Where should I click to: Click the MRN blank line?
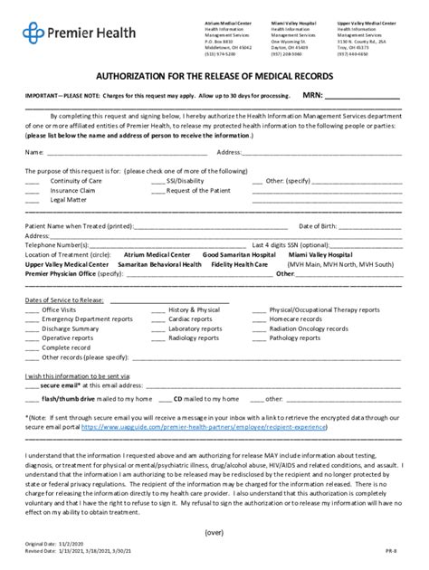coord(362,95)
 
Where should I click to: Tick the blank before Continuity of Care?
coord(32,181)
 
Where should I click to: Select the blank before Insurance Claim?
coord(32,190)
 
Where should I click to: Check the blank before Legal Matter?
coord(32,199)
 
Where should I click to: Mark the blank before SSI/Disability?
coord(157,181)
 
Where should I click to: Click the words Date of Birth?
coord(318,225)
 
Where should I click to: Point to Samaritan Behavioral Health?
coord(143,263)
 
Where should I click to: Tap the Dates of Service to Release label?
coord(64,299)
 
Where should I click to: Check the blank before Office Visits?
coord(32,309)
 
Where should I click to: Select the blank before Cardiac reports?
coord(157,318)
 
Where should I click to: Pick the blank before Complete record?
coord(32,347)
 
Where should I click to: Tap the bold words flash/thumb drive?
coord(64,398)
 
